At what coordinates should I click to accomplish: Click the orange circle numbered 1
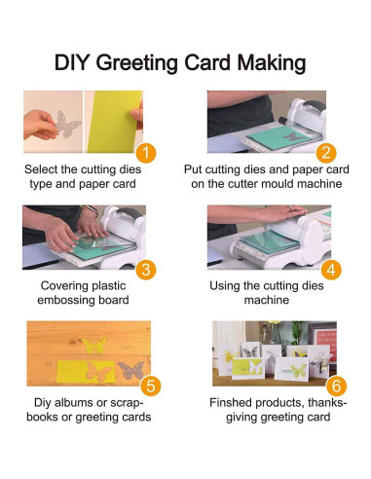(146, 152)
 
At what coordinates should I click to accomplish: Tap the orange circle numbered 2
(326, 152)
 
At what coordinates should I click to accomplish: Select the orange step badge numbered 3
(146, 269)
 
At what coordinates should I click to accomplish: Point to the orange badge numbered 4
(331, 269)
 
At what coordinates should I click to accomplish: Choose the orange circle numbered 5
(151, 386)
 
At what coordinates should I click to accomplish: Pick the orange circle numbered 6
(336, 386)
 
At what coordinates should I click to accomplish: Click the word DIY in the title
(71, 62)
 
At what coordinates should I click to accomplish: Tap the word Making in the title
(272, 63)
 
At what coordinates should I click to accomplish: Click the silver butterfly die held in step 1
(67, 124)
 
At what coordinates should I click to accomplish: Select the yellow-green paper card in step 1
(114, 122)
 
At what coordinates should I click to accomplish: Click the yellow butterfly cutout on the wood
(94, 346)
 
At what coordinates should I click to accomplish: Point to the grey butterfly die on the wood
(131, 370)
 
